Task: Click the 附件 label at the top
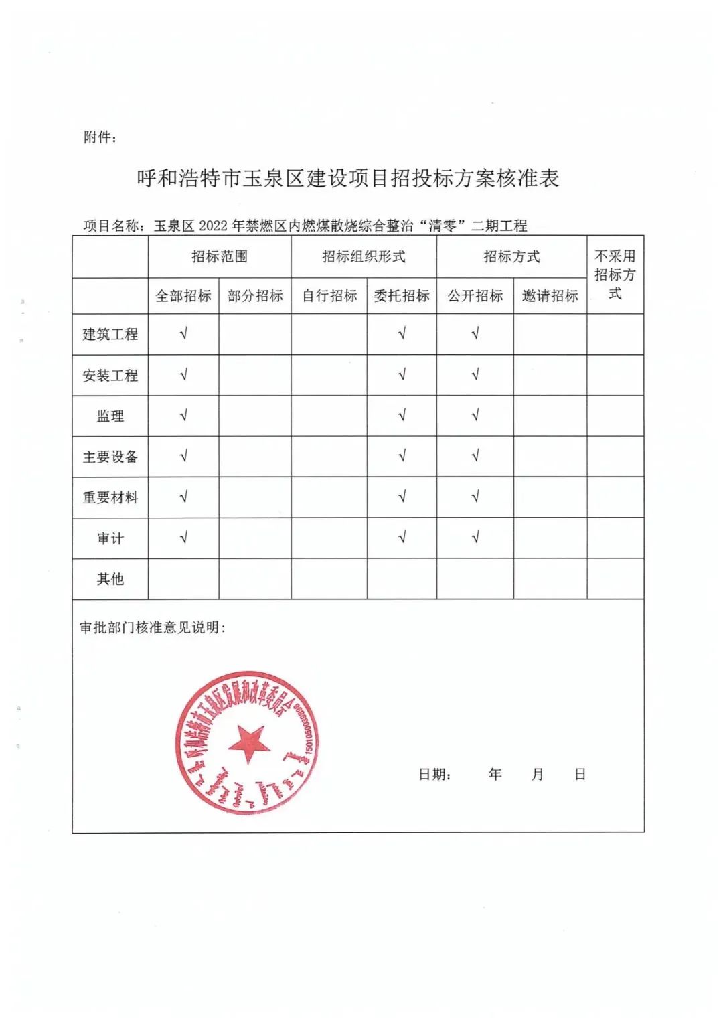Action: tap(100, 137)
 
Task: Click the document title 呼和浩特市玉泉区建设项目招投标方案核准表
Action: tap(347, 178)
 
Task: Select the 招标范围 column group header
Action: tap(220, 256)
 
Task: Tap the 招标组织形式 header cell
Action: tap(364, 256)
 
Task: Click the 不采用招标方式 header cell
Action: tap(615, 274)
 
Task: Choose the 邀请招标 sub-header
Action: tap(550, 296)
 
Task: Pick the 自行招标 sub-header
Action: tap(329, 296)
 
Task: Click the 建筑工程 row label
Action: tap(110, 334)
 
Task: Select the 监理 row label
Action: tap(110, 416)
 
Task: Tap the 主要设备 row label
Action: tap(110, 457)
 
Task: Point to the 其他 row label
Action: tap(110, 578)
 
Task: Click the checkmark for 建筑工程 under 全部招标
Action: tap(183, 333)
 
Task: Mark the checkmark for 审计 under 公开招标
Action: tap(475, 538)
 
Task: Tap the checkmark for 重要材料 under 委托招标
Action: tap(402, 497)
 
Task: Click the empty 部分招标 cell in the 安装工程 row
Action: tap(255, 375)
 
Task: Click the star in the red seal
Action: tap(248, 742)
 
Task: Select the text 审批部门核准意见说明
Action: tap(153, 627)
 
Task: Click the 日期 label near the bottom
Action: tap(434, 775)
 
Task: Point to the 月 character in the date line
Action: tap(537, 774)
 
